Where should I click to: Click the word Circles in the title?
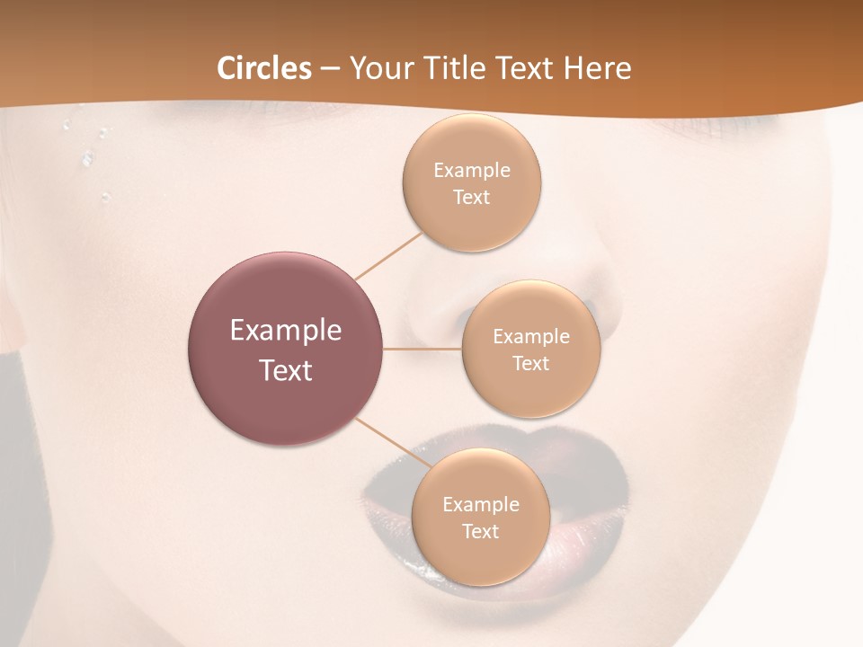(264, 68)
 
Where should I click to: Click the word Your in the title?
(378, 68)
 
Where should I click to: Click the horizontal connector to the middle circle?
(423, 349)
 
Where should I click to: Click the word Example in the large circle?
(286, 331)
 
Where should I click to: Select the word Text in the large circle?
(286, 370)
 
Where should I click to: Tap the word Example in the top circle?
(471, 171)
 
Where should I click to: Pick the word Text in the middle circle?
(530, 363)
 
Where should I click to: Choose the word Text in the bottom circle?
(480, 531)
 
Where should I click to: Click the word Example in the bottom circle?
(480, 505)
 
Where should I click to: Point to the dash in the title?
(330, 68)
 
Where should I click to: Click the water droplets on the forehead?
(88, 157)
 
